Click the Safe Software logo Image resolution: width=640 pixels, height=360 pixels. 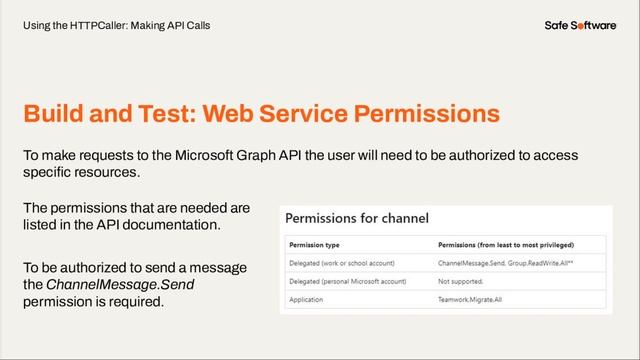tap(580, 24)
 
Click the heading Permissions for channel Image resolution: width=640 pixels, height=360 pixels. tap(357, 217)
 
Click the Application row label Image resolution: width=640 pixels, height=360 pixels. tap(307, 298)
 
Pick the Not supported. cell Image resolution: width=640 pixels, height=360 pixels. tap(463, 280)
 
